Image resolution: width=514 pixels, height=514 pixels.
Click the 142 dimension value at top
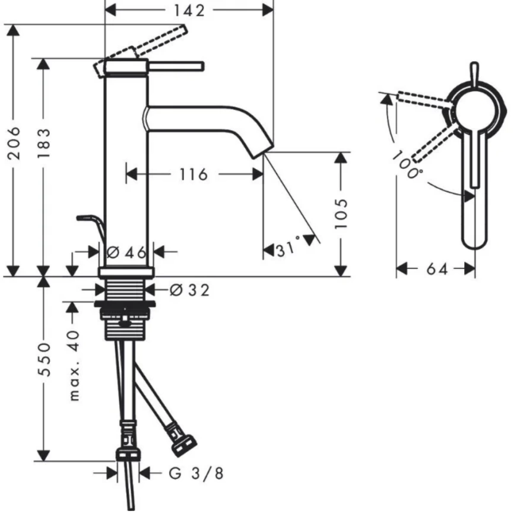point(189,10)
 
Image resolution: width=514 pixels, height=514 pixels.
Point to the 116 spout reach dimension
point(194,174)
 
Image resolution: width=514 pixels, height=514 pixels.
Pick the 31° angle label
point(288,250)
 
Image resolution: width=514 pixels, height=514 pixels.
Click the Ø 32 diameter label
point(189,290)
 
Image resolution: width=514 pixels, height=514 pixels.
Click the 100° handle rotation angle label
point(407,166)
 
